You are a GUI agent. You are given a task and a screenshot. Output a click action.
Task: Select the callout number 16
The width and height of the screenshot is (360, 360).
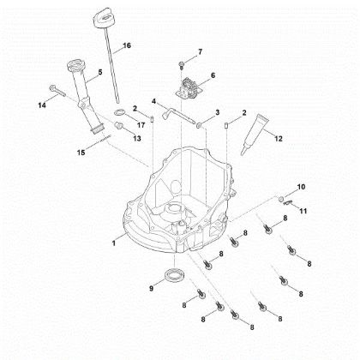pyautogui.click(x=127, y=45)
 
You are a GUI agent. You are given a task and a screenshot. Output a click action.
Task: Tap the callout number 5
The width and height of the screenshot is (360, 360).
pyautogui.click(x=99, y=73)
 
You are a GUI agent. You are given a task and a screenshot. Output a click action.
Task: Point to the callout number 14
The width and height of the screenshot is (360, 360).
pyautogui.click(x=41, y=105)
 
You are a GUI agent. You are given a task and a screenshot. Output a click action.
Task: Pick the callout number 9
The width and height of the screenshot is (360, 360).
pyautogui.click(x=153, y=289)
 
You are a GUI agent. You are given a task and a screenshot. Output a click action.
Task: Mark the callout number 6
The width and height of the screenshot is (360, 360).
pyautogui.click(x=213, y=75)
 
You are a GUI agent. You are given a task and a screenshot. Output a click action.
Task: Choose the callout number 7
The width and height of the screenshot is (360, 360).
pyautogui.click(x=201, y=52)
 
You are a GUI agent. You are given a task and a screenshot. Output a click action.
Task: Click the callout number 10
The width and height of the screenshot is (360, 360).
pyautogui.click(x=300, y=187)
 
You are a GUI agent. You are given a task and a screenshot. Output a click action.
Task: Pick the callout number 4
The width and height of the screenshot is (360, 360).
pyautogui.click(x=154, y=101)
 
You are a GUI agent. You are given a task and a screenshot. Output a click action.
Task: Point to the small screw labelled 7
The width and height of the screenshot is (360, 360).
pyautogui.click(x=183, y=63)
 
